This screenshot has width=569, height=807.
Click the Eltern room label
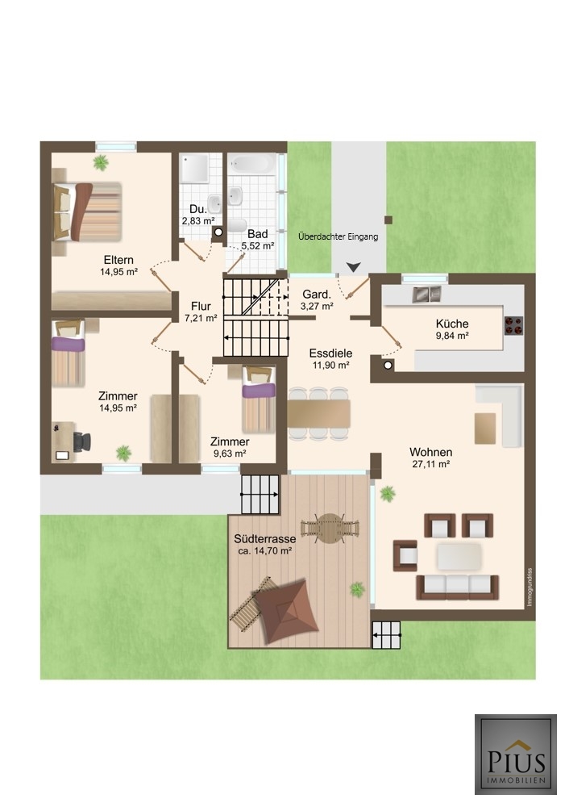[118, 260]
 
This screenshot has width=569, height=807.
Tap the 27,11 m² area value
[431, 464]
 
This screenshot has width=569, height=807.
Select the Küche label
[452, 324]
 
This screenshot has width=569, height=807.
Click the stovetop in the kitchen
[513, 325]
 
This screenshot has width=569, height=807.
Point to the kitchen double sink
[427, 294]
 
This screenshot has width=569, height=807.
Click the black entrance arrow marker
[353, 267]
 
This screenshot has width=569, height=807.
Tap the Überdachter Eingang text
[338, 236]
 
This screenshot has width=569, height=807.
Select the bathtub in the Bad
[252, 165]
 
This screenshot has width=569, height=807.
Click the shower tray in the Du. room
[195, 168]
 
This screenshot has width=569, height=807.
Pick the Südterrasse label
[264, 539]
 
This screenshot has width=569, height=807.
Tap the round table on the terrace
[330, 529]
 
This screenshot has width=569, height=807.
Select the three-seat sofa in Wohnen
[458, 587]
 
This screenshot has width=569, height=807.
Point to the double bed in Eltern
[88, 211]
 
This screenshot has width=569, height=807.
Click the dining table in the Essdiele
[318, 414]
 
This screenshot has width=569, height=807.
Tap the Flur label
[201, 306]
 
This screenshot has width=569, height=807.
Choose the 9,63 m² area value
[230, 454]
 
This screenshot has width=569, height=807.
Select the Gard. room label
[317, 295]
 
